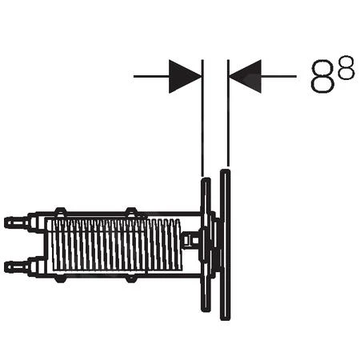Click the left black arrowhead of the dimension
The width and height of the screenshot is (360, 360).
tap(186, 76)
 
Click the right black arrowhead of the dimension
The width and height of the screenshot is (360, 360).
tap(244, 76)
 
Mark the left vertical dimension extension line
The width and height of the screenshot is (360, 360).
tap(203, 120)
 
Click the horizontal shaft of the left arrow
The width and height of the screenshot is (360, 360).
tap(152, 76)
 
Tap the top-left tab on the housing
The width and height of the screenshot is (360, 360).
tap(59, 212)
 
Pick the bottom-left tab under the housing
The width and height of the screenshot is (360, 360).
tap(59, 275)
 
